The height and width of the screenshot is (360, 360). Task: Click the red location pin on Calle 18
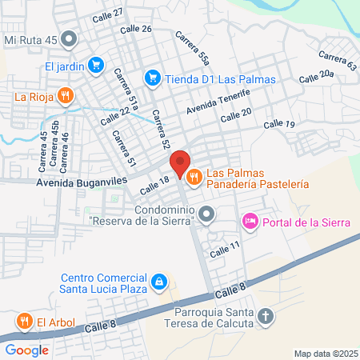tap(180, 163)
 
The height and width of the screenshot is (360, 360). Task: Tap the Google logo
tap(26, 350)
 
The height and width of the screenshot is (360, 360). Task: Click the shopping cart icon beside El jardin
tap(95, 66)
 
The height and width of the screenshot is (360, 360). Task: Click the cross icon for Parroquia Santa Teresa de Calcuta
tap(267, 318)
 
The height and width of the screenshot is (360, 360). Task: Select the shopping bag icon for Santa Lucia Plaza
tap(160, 281)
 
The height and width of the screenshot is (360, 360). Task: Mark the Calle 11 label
tap(225, 249)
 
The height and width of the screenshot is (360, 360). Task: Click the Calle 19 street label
tap(279, 124)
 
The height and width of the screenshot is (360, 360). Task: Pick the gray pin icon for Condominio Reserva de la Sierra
tap(207, 213)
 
